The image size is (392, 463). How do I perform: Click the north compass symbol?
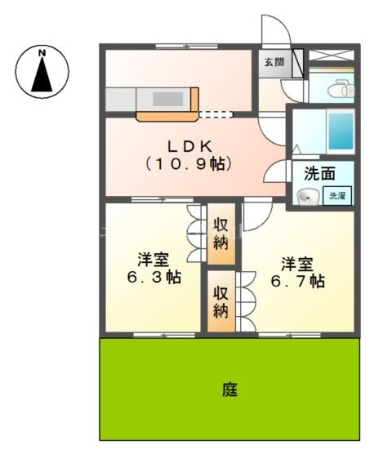42,70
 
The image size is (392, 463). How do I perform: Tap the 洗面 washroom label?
319,173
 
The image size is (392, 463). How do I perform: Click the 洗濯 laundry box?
337,196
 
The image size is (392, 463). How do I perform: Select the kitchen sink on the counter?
169,98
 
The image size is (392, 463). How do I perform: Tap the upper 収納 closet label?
220,234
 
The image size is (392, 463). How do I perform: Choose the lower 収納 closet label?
220,301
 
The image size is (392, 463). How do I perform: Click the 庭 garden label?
229,390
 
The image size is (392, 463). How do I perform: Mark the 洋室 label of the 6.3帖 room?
153,260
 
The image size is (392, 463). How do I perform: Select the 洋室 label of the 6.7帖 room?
297,264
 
